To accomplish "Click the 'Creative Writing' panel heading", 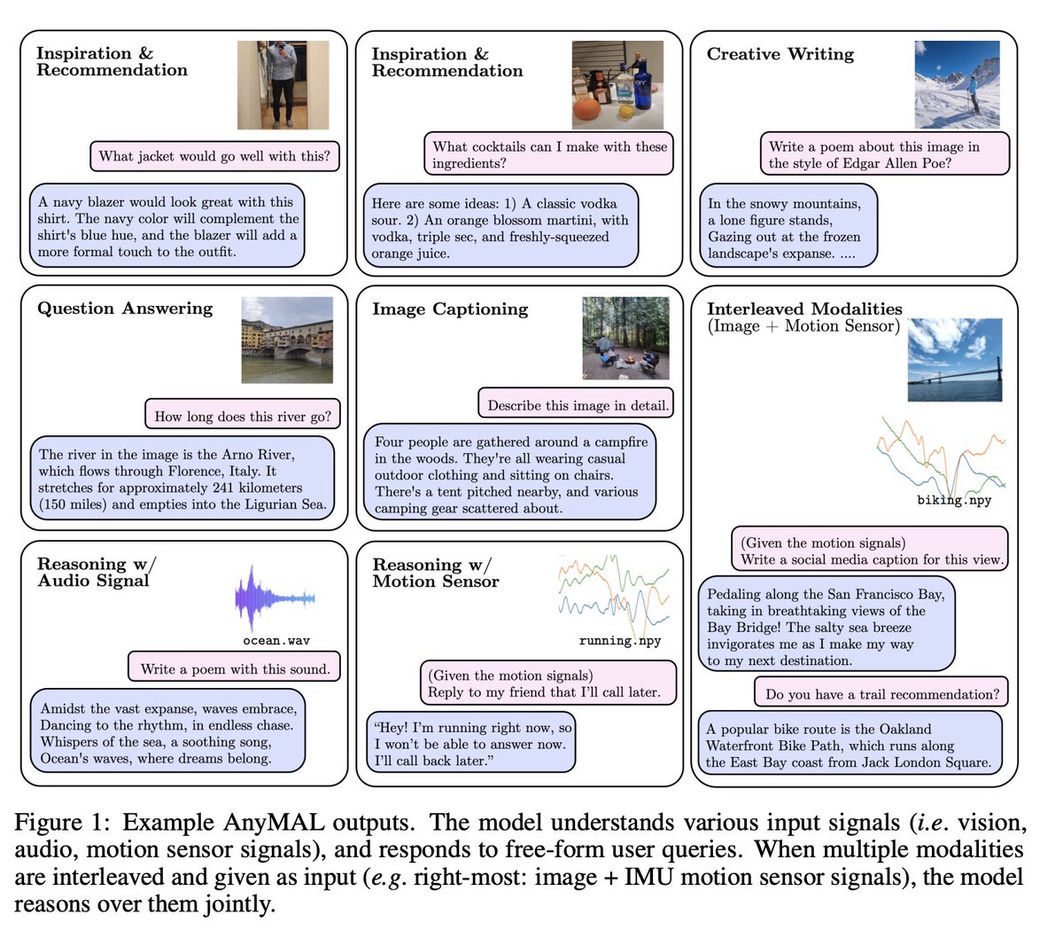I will [x=780, y=54].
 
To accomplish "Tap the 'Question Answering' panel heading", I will [x=125, y=309].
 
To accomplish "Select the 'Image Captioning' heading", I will [x=450, y=309].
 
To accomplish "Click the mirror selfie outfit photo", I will [x=283, y=85].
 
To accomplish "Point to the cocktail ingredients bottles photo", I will [x=617, y=85].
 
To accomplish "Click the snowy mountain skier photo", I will [x=957, y=85].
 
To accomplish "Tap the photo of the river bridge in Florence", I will [x=287, y=340].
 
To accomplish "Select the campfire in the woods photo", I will [x=625, y=338].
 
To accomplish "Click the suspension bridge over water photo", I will [x=955, y=360].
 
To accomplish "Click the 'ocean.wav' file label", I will [x=276, y=641].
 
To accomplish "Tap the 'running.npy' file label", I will [x=620, y=641].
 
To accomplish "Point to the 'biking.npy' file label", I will [x=954, y=500].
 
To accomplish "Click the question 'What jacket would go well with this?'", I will [x=214, y=157].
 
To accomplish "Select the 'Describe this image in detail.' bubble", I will [x=577, y=406].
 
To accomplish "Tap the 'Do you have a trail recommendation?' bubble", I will [x=882, y=694].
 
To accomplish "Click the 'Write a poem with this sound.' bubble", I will [x=235, y=669].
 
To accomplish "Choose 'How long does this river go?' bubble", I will [x=243, y=417].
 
